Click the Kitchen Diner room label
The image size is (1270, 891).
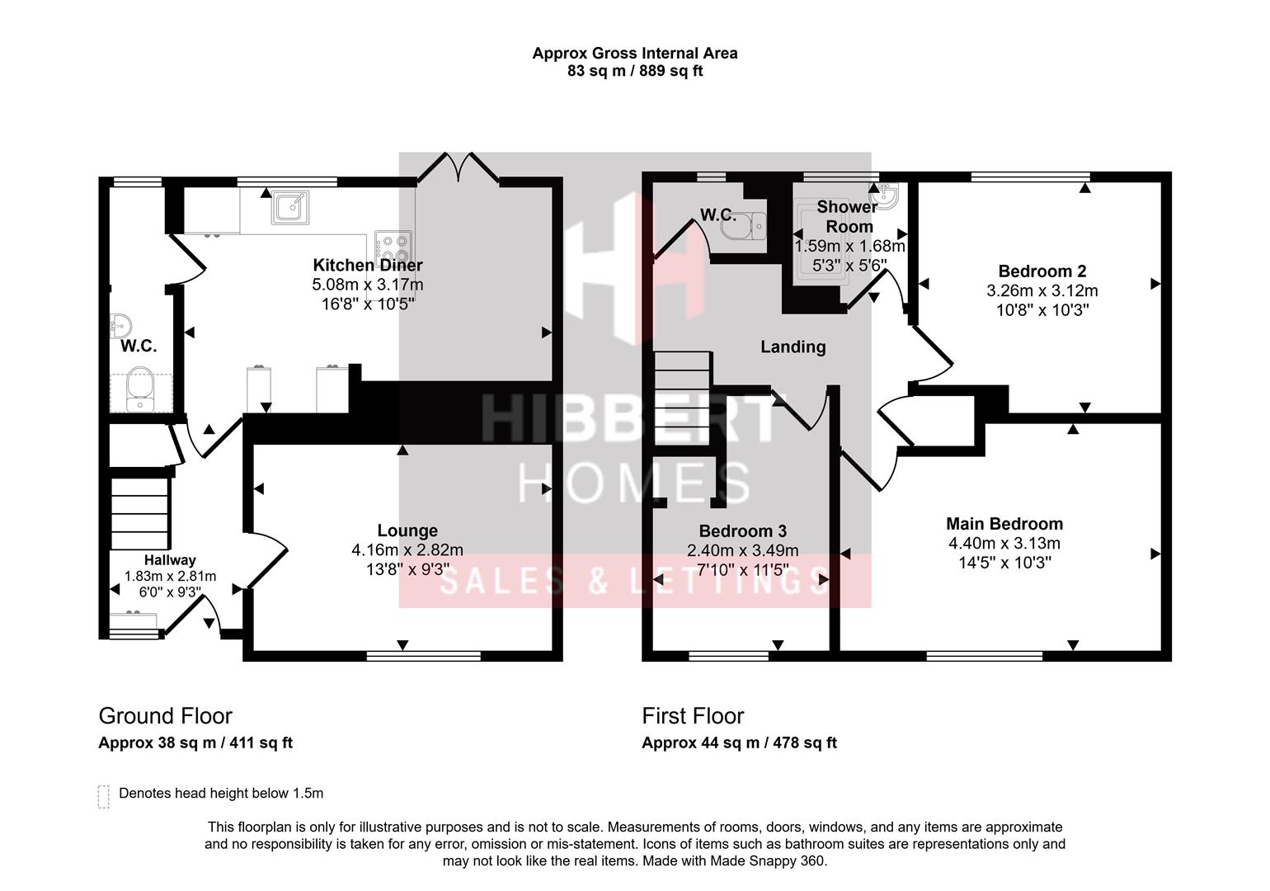367,265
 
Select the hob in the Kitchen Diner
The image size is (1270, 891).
393,246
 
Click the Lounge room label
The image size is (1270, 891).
407,530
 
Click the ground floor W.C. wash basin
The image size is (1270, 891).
120,323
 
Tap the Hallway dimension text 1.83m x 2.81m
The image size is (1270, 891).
170,576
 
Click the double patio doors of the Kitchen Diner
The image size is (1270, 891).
458,167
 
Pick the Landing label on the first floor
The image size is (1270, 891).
793,346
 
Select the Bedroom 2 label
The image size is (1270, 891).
1042,271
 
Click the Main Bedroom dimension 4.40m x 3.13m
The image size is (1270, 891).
1004,543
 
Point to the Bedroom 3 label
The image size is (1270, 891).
742,530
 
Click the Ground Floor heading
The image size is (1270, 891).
165,715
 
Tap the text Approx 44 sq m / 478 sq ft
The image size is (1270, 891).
739,742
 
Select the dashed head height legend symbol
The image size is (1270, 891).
103,796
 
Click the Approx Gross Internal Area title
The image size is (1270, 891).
634,53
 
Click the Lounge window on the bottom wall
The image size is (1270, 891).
423,656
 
